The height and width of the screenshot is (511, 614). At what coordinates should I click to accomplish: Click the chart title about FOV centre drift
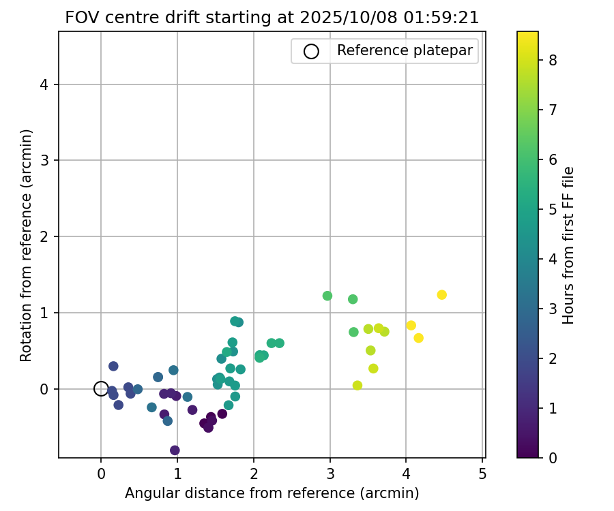pos(272,18)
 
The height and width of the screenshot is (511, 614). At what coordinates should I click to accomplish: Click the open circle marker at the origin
pos(101,389)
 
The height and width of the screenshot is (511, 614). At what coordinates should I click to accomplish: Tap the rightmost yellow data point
pos(441,295)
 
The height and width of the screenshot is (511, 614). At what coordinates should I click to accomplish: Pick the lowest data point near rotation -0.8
pos(175,450)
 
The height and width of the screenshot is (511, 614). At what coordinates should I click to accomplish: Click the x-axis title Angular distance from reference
pos(272,493)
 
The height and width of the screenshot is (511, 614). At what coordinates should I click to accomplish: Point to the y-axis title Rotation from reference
pos(26,245)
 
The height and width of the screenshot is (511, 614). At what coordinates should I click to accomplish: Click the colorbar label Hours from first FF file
pos(568,245)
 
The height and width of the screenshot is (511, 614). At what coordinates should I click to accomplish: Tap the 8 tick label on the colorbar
pos(553,60)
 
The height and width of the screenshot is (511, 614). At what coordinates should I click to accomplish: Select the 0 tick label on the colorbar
pos(553,458)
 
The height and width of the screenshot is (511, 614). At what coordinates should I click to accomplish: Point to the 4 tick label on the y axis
pos(46,84)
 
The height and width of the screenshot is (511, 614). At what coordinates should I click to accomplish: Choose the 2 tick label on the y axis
pos(46,237)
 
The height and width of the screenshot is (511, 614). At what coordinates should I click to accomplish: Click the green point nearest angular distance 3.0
pos(327,296)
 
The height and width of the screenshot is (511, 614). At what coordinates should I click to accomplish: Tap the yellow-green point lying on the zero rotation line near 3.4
pos(357,386)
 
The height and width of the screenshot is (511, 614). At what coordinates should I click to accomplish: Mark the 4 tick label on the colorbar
pos(553,259)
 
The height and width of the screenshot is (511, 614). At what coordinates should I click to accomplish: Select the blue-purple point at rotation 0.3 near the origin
pos(113,366)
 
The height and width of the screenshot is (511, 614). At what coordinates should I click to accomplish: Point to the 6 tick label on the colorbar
pos(553,159)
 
